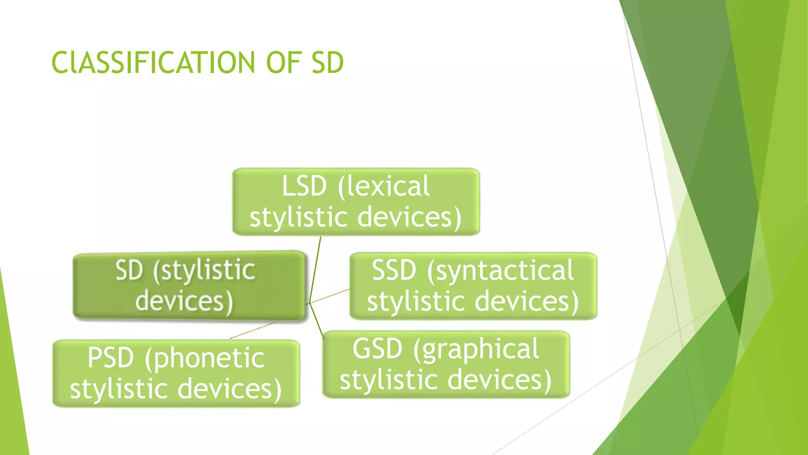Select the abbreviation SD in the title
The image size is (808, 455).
(327, 63)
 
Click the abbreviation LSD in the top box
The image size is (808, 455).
(304, 186)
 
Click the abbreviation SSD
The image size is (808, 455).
(394, 271)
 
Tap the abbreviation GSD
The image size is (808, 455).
(377, 349)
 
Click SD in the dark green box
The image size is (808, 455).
(129, 271)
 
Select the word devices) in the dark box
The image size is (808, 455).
(184, 301)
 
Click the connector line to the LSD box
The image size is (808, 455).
(315, 269)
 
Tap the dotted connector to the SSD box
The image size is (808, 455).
(329, 296)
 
